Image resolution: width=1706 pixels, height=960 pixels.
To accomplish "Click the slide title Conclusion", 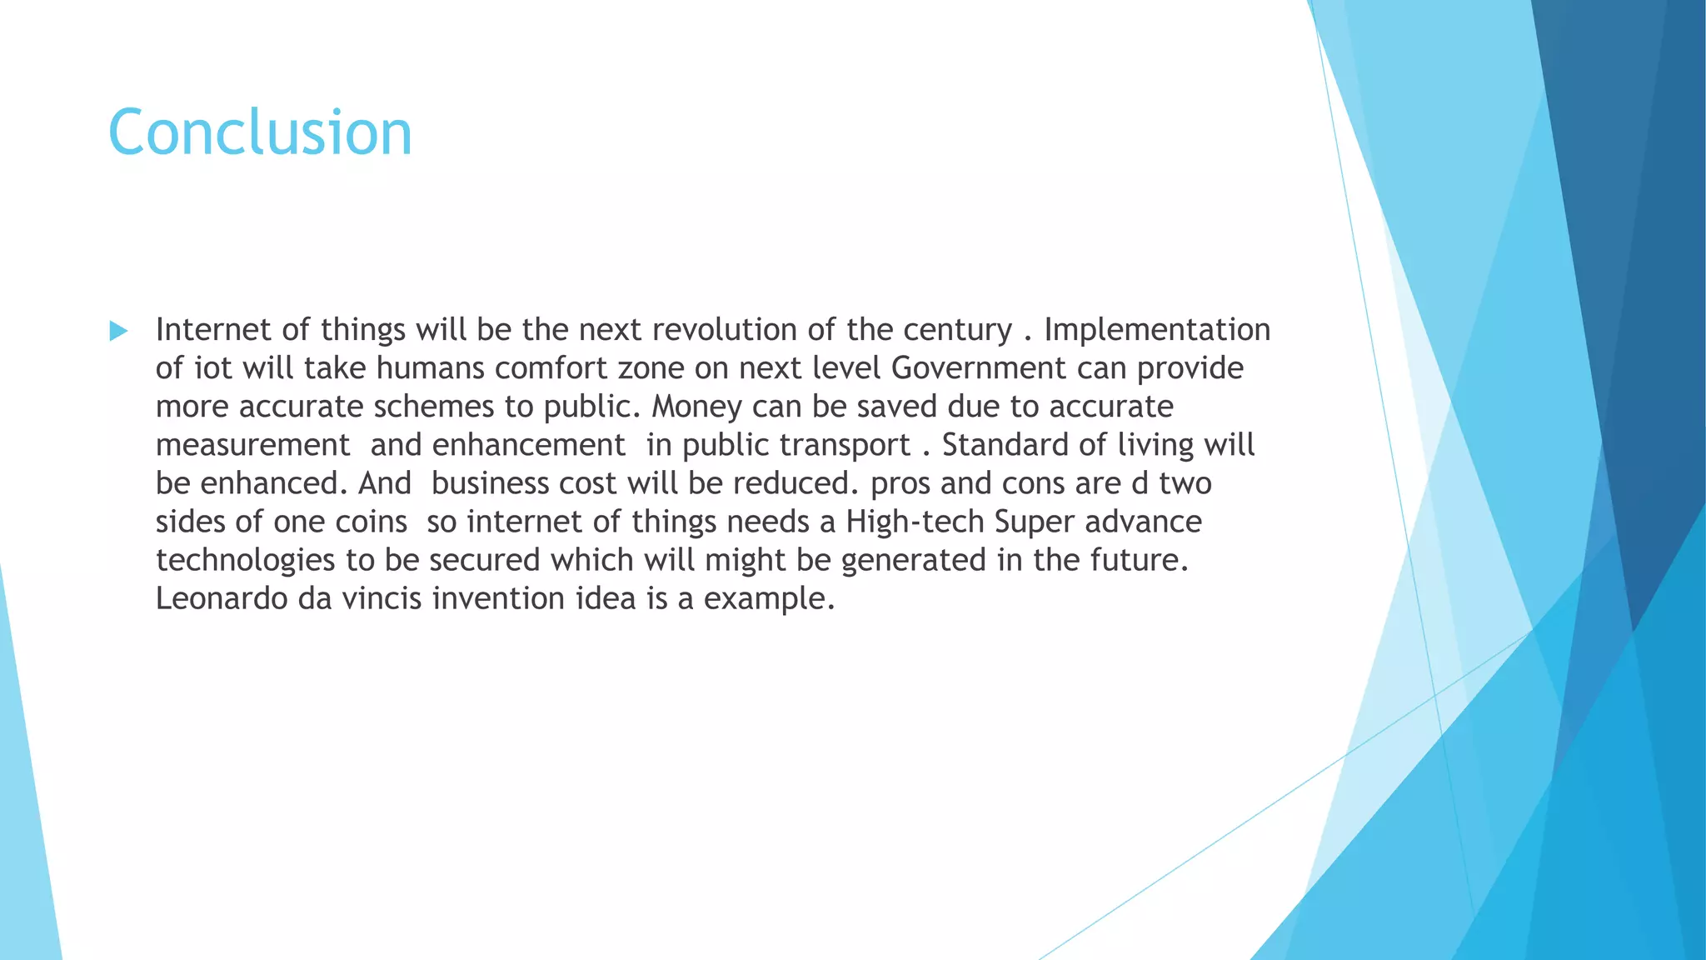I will click(260, 132).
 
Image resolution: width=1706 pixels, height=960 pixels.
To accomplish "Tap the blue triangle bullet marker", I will click(118, 332).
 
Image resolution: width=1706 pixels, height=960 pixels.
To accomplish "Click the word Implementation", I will click(1157, 330).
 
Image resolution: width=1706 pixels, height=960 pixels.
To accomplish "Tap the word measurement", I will click(253, 445).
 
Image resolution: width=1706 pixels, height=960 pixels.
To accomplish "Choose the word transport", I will click(845, 445).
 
